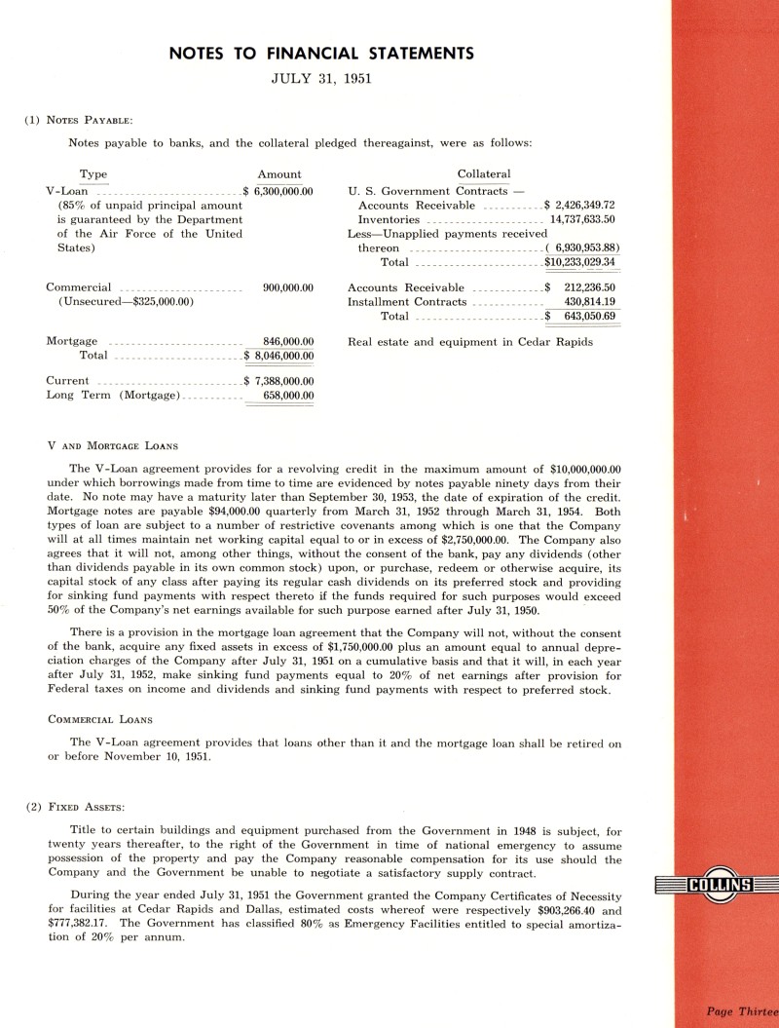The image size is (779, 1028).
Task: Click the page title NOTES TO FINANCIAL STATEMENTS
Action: click(320, 53)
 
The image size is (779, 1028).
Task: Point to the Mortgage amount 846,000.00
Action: click(288, 341)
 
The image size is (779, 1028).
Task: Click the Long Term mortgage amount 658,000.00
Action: click(288, 396)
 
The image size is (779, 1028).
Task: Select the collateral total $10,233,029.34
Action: click(580, 262)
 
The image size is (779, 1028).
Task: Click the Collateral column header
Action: click(484, 174)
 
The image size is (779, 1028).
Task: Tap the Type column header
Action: click(93, 174)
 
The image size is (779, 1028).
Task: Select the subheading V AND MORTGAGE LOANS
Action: click(112, 446)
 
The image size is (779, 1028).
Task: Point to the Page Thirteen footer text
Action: click(741, 1010)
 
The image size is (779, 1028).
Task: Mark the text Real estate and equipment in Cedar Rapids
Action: click(470, 341)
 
